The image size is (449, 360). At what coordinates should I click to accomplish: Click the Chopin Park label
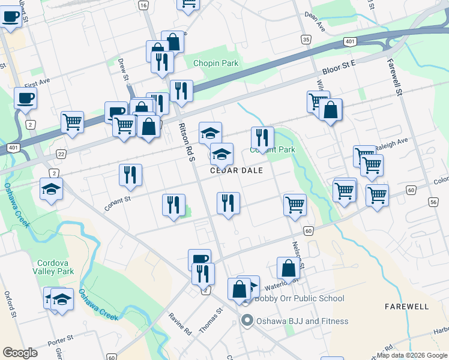point(215,64)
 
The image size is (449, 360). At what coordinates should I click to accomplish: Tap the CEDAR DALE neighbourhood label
point(237,170)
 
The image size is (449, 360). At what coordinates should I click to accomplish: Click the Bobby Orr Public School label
point(300,298)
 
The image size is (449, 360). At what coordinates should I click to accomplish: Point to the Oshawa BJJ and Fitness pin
point(246,321)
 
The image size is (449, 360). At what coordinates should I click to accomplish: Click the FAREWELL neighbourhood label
point(406,307)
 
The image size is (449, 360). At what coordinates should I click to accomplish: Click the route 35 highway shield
point(306,40)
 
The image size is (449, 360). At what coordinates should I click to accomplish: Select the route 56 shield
point(433,202)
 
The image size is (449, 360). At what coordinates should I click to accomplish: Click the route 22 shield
point(61,154)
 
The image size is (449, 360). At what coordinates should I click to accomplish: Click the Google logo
point(20,353)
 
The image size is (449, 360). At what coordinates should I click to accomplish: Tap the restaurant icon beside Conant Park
point(262,138)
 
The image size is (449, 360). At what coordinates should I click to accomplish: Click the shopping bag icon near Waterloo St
point(288,268)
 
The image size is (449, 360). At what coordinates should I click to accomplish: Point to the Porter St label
point(61,338)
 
